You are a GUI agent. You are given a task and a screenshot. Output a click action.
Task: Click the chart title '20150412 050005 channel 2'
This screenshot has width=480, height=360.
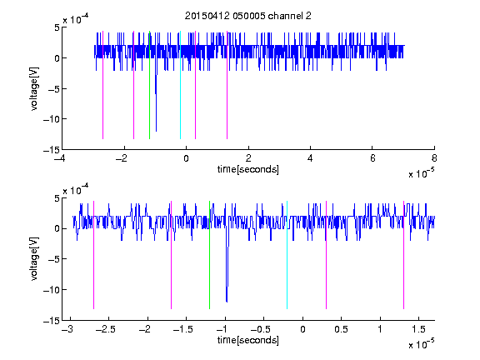click(x=248, y=16)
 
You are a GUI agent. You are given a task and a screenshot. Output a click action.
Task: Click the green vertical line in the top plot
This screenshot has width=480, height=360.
click(x=149, y=85)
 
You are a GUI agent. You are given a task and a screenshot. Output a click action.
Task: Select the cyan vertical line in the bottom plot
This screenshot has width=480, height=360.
click(x=287, y=255)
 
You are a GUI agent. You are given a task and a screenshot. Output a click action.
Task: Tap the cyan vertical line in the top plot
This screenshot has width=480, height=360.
click(x=180, y=85)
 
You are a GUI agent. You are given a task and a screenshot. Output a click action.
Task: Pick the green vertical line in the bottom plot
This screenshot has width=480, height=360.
click(x=209, y=255)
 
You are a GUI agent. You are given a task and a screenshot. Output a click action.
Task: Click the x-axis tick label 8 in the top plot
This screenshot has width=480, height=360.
click(x=434, y=158)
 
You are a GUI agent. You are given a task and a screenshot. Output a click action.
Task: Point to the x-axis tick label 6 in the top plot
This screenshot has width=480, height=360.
click(x=372, y=158)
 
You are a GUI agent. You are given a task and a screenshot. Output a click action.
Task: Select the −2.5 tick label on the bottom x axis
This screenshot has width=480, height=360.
click(x=105, y=329)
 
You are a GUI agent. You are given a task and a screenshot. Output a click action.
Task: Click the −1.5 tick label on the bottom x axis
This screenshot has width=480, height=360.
click(x=182, y=329)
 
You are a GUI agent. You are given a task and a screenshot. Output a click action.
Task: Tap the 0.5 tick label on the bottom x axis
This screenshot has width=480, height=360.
click(x=341, y=329)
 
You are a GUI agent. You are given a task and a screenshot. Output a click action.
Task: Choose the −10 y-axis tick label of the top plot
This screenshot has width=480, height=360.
click(x=51, y=119)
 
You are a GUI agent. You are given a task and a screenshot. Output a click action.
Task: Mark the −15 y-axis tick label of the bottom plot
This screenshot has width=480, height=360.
click(x=51, y=321)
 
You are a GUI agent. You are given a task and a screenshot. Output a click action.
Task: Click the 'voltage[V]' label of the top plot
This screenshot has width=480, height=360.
click(x=35, y=88)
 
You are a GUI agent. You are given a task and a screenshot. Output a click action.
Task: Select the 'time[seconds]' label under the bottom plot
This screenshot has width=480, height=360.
click(x=248, y=340)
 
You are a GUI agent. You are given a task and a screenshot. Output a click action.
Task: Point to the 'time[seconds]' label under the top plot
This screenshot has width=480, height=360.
click(x=248, y=169)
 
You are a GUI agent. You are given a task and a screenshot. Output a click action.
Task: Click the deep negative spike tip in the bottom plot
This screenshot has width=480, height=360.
click(x=227, y=302)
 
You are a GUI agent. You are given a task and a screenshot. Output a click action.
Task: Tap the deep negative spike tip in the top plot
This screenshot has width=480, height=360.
click(x=156, y=131)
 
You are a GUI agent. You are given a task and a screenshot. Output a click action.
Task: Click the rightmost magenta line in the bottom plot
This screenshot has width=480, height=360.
click(x=403, y=255)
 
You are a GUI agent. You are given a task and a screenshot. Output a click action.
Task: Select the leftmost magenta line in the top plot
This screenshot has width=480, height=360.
click(x=102, y=85)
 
